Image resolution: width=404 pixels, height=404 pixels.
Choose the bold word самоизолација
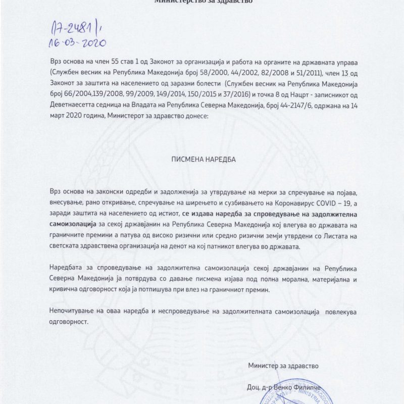[x=76, y=223]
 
